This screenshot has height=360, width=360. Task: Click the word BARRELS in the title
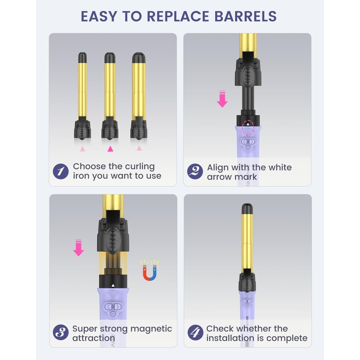coord(245,16)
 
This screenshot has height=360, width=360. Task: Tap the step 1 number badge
coord(61,171)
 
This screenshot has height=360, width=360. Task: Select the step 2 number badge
coord(195,171)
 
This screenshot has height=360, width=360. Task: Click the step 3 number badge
coord(61,332)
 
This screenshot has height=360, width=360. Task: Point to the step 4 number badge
coord(195,333)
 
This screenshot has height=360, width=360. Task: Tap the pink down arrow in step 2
coord(222,99)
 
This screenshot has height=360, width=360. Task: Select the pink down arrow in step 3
coord(78,248)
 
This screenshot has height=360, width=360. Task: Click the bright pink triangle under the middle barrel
coord(110,149)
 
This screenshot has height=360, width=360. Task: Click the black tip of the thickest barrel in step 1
coord(139,58)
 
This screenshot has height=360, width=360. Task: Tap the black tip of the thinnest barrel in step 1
coord(82,58)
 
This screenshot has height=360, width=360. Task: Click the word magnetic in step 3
coord(151,329)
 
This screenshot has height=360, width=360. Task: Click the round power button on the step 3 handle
coord(113,314)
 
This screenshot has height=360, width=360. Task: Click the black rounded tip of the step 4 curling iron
coord(247,208)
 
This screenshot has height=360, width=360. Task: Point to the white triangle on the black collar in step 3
coord(113,286)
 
